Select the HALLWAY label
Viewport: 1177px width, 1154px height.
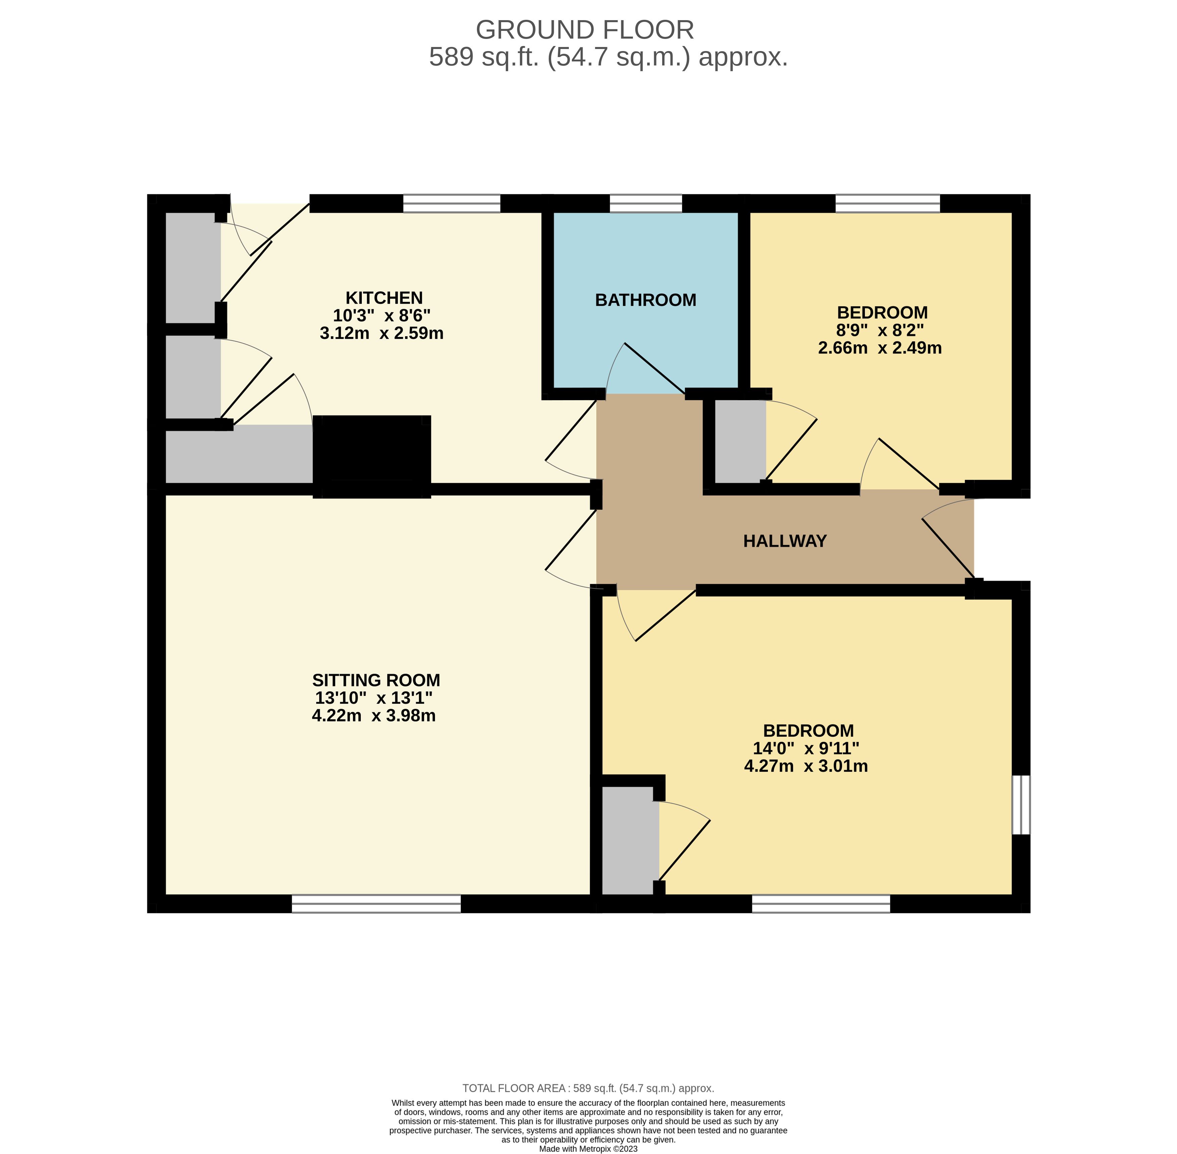(785, 541)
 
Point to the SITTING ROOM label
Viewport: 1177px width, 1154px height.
(376, 680)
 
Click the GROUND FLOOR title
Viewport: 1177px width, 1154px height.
(585, 30)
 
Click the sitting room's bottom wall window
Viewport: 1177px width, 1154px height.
(376, 904)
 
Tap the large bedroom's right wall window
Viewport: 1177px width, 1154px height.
(1021, 805)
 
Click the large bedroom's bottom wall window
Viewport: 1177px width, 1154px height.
(821, 904)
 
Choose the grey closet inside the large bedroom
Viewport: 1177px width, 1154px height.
(630, 840)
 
